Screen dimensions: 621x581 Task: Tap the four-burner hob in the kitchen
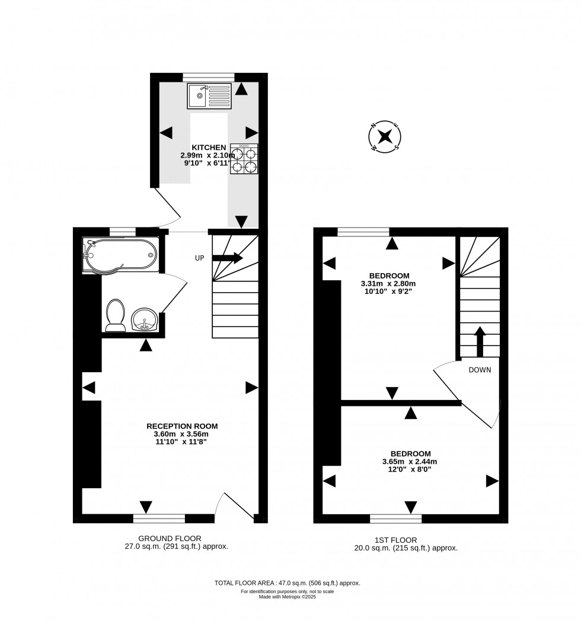click(244, 159)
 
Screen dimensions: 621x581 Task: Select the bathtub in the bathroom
click(121, 255)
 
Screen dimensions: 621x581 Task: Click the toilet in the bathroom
click(115, 315)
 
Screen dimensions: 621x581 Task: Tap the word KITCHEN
click(208, 148)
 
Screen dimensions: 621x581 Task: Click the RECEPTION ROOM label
click(182, 425)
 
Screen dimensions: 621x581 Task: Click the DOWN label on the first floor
click(480, 369)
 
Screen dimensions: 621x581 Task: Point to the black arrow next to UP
click(228, 258)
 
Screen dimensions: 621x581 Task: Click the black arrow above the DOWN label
click(480, 341)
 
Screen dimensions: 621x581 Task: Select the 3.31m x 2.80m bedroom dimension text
click(389, 284)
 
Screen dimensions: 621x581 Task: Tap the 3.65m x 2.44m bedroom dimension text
click(410, 462)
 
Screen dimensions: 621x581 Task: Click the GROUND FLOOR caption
click(166, 538)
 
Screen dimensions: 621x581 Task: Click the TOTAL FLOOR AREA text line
click(287, 583)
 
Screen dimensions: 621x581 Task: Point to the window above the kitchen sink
click(208, 76)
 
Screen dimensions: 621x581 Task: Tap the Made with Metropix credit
click(287, 597)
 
